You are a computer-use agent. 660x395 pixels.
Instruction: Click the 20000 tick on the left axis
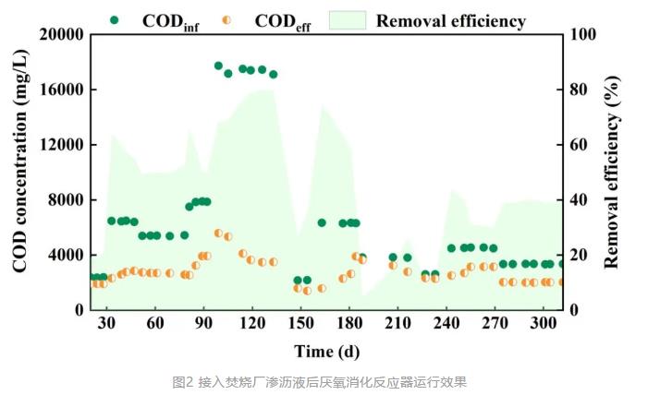pyautogui.click(x=62, y=35)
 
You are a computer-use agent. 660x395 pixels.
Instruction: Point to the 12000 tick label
pyautogui.click(x=62, y=145)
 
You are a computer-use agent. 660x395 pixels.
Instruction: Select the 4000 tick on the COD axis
pyautogui.click(x=67, y=255)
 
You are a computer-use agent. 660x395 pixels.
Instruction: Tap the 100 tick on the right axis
pyautogui.click(x=588, y=35)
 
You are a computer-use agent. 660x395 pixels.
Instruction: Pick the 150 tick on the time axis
pyautogui.click(x=299, y=323)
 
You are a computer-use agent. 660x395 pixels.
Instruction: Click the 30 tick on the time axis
pyautogui.click(x=107, y=323)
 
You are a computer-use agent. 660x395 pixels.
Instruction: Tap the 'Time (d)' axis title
pyautogui.click(x=327, y=351)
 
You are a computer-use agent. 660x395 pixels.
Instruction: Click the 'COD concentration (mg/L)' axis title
pyautogui.click(x=19, y=172)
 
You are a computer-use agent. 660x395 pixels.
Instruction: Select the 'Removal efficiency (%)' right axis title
pyautogui.click(x=611, y=172)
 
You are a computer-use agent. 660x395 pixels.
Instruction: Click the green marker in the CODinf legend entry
pyautogui.click(x=114, y=19)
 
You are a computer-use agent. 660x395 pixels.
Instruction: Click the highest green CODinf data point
pyautogui.click(x=219, y=66)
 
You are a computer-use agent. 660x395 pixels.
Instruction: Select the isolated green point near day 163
pyautogui.click(x=322, y=222)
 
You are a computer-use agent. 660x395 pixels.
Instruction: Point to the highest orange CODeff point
pyautogui.click(x=219, y=233)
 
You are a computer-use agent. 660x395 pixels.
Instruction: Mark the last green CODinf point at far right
pyautogui.click(x=561, y=264)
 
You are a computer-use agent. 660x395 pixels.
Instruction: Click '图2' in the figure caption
pyautogui.click(x=181, y=381)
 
